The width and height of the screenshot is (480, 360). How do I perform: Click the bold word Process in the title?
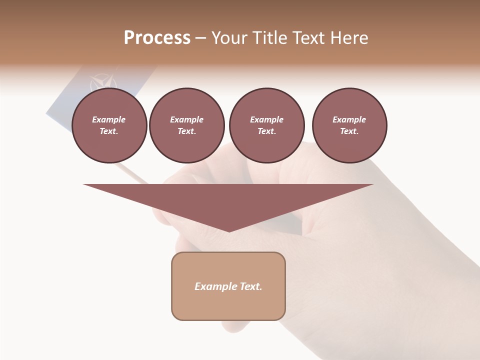pos(157,38)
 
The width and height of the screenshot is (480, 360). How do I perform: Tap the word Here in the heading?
pos(349,38)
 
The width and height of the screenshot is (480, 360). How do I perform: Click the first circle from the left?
pos(109,125)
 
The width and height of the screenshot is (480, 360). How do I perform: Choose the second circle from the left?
pos(186,125)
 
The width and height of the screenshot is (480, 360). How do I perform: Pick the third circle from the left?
pos(266,125)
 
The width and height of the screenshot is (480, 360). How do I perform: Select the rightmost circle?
pos(349,125)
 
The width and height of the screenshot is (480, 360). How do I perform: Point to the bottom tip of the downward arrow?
pos(229,231)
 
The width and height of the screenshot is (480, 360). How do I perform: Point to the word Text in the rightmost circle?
pos(349,131)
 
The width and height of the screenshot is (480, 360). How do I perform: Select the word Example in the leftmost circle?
pos(109,119)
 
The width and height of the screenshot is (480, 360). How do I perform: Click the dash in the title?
pos(200,38)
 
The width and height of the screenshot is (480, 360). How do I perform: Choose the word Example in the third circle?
pos(266,119)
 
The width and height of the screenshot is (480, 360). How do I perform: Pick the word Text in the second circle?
pos(186,131)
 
